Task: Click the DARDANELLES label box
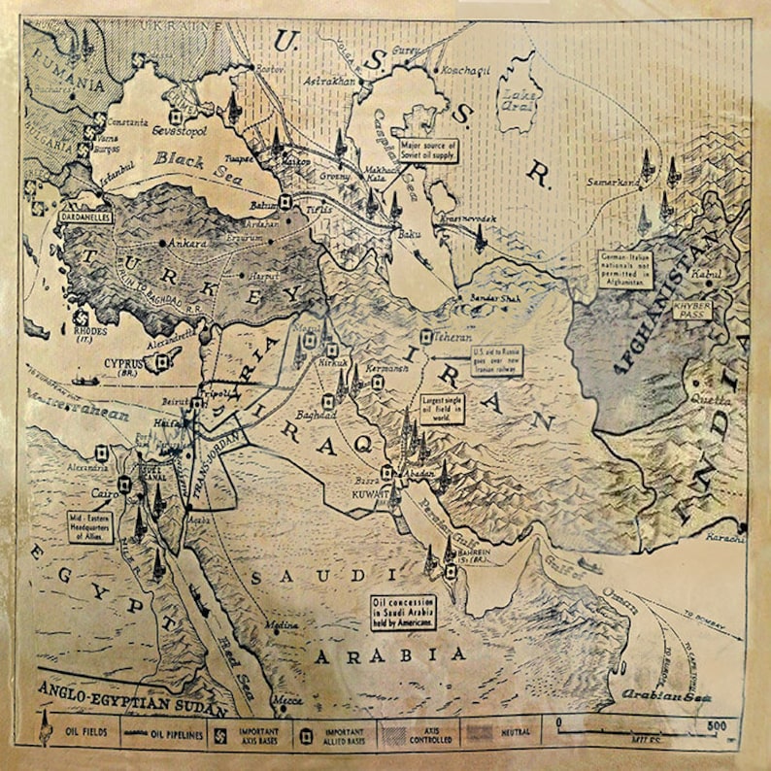(85, 217)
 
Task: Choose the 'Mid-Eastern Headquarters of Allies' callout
(89, 525)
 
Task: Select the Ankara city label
(187, 243)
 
